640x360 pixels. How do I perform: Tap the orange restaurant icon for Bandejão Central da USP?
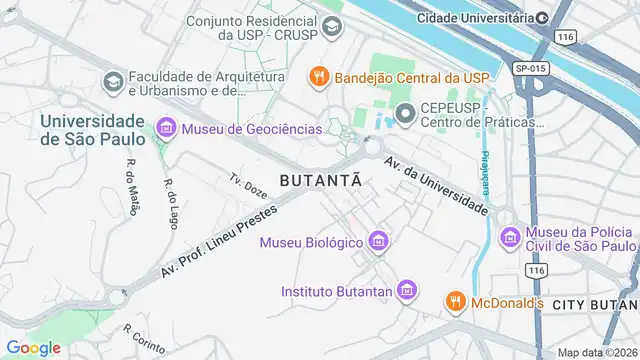tap(318, 76)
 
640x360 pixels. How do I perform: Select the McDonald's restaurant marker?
tap(455, 301)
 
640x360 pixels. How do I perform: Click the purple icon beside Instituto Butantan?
tap(406, 291)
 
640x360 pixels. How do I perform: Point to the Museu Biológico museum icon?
tap(378, 241)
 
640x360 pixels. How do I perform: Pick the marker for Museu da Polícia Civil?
tap(510, 237)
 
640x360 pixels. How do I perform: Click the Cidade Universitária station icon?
tap(542, 17)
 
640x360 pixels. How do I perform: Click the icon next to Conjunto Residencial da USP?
tap(331, 26)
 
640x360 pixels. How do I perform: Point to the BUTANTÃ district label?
tap(320, 181)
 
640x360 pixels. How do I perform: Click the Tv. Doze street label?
tap(248, 186)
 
